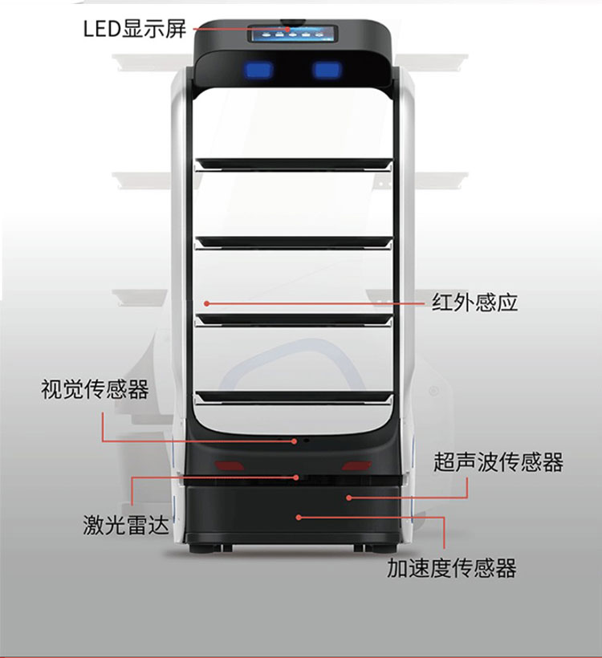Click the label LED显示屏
(x=135, y=29)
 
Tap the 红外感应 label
(x=475, y=303)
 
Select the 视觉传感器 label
(x=95, y=389)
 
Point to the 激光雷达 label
(x=126, y=525)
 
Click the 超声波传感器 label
(x=498, y=462)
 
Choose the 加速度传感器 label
(x=452, y=568)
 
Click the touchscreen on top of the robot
(x=295, y=34)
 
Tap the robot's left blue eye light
(x=258, y=70)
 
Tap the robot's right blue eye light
(x=327, y=70)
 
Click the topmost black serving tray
(x=294, y=164)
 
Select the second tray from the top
(x=294, y=242)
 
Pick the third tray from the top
(x=294, y=319)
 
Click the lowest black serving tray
(x=294, y=397)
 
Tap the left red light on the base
(x=230, y=465)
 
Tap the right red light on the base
(x=356, y=465)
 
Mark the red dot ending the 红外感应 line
(x=206, y=303)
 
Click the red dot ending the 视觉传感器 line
(x=295, y=441)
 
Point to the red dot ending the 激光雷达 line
(x=296, y=477)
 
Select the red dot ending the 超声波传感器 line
(x=349, y=498)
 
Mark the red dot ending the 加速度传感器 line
(x=299, y=518)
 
